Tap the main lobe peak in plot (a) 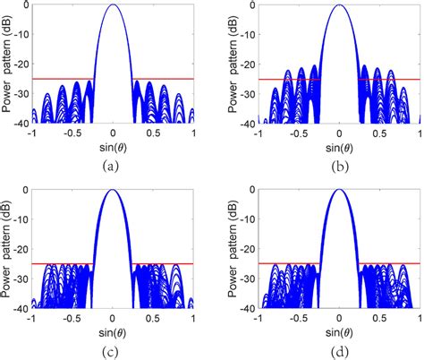click(x=113, y=5)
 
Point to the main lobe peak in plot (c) click(x=113, y=190)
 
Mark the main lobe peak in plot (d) click(x=339, y=190)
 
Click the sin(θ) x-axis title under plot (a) click(x=113, y=146)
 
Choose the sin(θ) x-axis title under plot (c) click(x=113, y=330)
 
